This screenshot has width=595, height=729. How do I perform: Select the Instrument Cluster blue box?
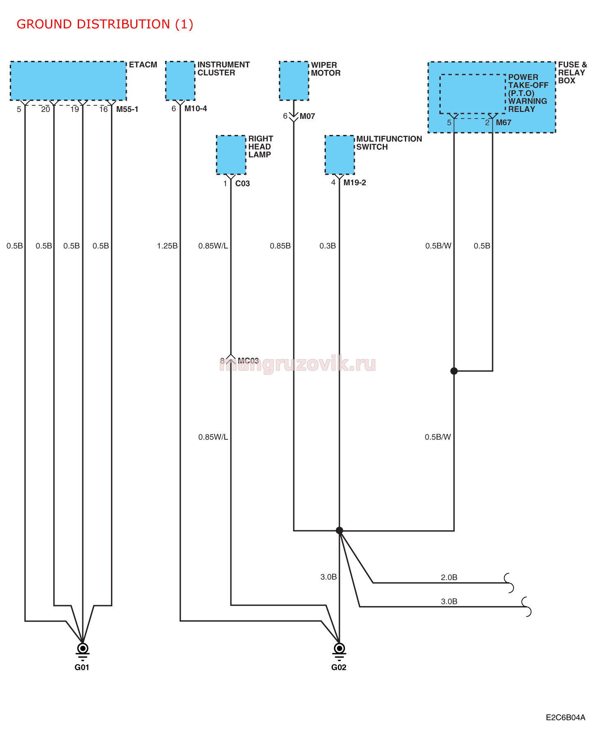coord(180,81)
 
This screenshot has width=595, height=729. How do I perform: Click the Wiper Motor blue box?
coord(294,81)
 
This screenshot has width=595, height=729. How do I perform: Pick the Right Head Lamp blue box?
coord(231,155)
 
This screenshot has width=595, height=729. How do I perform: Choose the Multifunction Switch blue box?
coord(339,155)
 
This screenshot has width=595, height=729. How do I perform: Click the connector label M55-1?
coord(127,109)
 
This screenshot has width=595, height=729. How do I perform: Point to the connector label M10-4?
coord(195,109)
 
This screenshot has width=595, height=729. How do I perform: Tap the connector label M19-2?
coord(355,183)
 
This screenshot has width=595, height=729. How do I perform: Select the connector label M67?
coord(504,123)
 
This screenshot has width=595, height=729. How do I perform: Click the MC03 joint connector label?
coord(248,361)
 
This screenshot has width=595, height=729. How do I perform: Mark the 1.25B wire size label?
coord(167,246)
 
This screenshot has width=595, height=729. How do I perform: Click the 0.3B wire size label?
coord(328,246)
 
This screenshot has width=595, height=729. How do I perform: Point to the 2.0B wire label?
coord(449,578)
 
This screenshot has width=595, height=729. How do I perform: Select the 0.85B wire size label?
coord(280,246)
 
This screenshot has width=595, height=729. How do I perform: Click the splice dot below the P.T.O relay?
coord(454,371)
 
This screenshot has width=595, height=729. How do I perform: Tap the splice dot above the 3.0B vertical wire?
coord(339,531)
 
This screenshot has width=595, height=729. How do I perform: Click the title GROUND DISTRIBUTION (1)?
coord(105,24)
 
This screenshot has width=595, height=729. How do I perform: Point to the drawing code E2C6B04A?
coord(565,717)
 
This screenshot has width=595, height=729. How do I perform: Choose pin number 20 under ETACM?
coord(45,109)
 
